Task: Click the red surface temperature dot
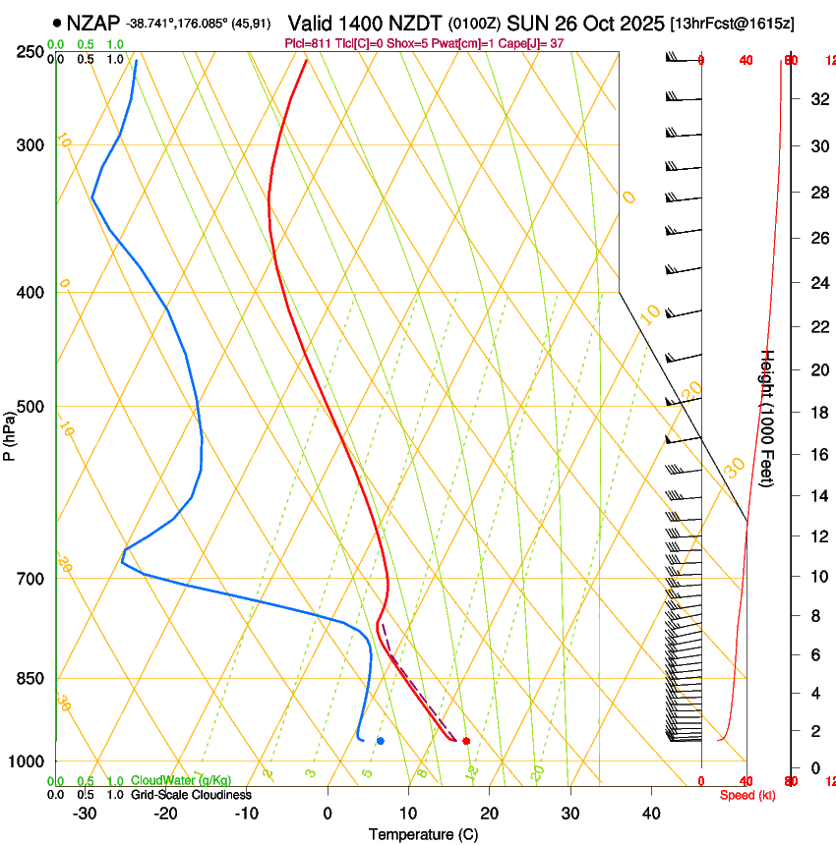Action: [466, 740]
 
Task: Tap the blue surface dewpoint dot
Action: [380, 740]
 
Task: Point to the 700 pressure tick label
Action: [31, 579]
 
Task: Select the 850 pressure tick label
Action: [31, 679]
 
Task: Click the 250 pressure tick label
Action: [31, 52]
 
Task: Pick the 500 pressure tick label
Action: [31, 407]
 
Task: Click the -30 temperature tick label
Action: [85, 814]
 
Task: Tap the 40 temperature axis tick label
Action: [651, 814]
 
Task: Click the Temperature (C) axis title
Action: [423, 834]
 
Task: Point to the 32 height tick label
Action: [816, 99]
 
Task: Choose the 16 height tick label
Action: [816, 455]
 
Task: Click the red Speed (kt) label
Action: [747, 795]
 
